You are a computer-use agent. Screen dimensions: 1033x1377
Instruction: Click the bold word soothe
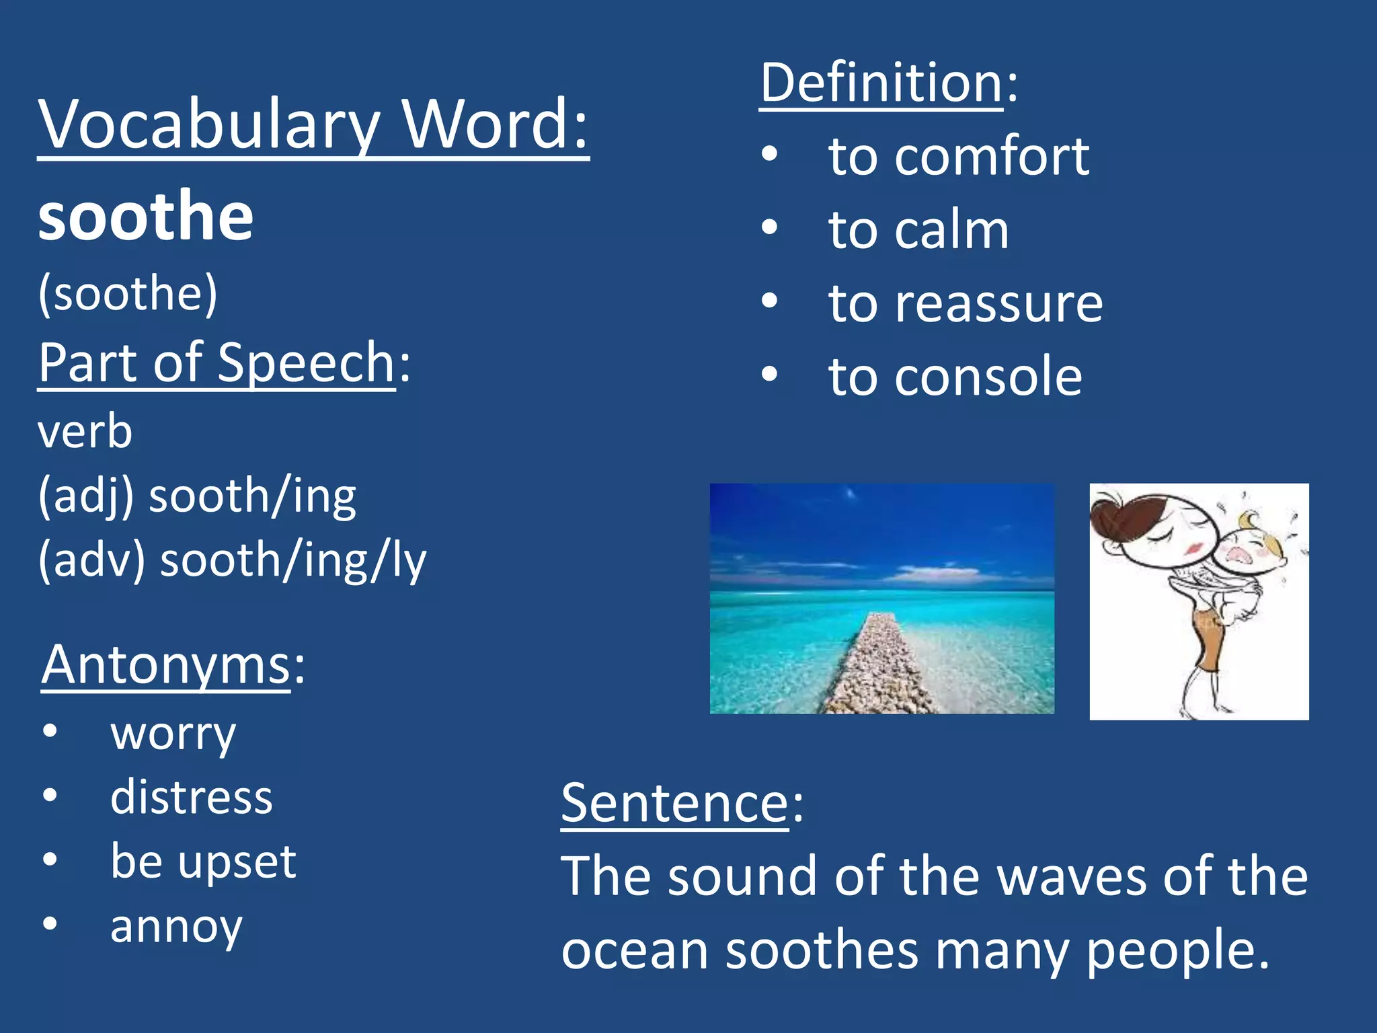click(146, 217)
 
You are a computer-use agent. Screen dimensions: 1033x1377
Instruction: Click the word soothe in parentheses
click(128, 293)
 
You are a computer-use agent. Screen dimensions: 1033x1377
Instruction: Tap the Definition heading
click(881, 83)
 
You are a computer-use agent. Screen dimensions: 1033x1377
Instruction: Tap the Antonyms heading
click(165, 664)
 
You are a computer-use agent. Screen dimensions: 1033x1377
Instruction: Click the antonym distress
click(192, 798)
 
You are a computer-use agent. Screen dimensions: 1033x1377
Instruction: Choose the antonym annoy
click(176, 927)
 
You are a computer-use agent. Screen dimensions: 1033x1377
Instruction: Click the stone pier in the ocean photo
click(874, 666)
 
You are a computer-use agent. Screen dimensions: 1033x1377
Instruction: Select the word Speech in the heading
click(307, 363)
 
